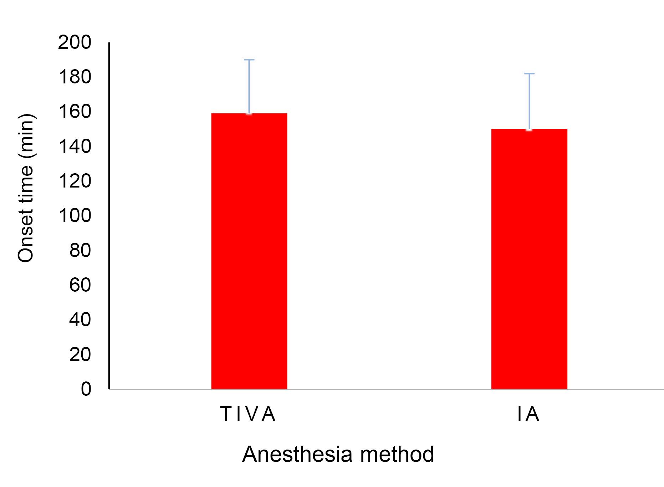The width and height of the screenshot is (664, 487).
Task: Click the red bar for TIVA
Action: (249, 251)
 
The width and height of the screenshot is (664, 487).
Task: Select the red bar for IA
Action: (529, 259)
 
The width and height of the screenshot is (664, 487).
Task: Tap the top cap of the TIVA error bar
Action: (249, 60)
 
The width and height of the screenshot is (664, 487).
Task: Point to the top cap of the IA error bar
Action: (529, 73)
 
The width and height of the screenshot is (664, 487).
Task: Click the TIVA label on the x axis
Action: (248, 414)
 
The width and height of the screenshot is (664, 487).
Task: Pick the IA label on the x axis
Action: (528, 414)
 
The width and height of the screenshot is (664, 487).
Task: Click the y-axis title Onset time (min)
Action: (26, 188)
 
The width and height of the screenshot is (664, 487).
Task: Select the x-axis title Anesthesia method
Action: (338, 454)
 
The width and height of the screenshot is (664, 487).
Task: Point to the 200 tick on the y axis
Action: (75, 43)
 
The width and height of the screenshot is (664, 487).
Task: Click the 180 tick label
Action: (75, 77)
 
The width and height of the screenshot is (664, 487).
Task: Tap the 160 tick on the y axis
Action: (75, 112)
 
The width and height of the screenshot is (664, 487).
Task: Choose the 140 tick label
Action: (75, 147)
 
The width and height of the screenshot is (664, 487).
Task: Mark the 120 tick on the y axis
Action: (75, 181)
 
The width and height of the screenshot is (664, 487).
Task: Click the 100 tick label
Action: (75, 216)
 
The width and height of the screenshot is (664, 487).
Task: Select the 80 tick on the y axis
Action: (80, 250)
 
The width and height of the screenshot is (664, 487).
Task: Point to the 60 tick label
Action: (80, 285)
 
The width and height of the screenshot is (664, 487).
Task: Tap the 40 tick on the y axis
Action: (80, 319)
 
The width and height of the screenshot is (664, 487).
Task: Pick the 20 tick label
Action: (80, 354)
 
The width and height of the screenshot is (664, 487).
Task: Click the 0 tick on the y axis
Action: (86, 389)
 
